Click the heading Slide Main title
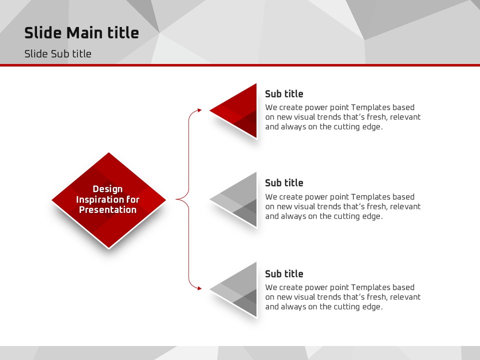pyautogui.click(x=81, y=33)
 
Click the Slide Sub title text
pyautogui.click(x=58, y=54)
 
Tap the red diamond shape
pyautogui.click(x=108, y=200)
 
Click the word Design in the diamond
pyautogui.click(x=107, y=189)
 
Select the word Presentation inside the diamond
pyautogui.click(x=108, y=209)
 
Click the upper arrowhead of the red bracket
pyautogui.click(x=199, y=110)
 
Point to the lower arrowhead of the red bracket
pyautogui.click(x=199, y=288)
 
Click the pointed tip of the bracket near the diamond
pyautogui.click(x=176, y=199)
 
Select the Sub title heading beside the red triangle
pyautogui.click(x=284, y=93)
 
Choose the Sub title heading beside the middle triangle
pyautogui.click(x=284, y=183)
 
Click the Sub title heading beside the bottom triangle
pyautogui.click(x=284, y=273)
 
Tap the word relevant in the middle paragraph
pyautogui.click(x=405, y=206)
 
